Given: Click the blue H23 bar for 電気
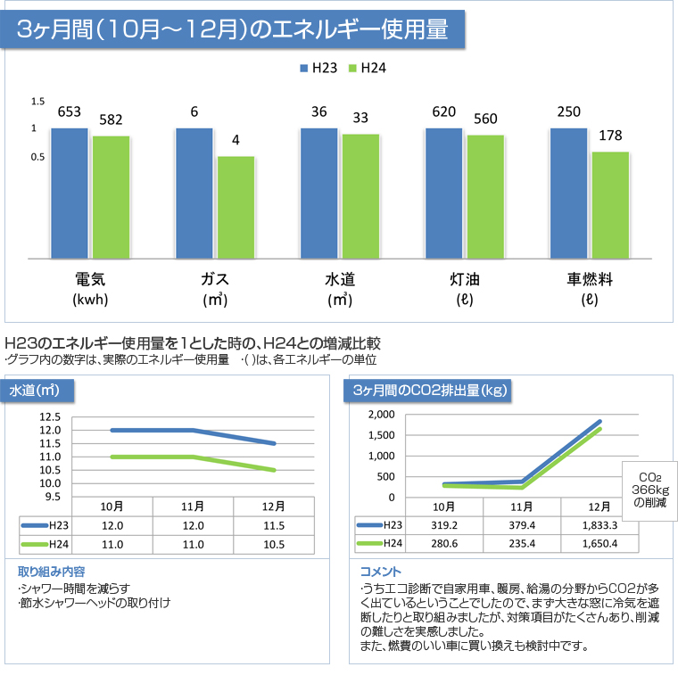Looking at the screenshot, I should [x=70, y=193].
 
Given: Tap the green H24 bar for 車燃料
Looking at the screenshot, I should [x=611, y=204].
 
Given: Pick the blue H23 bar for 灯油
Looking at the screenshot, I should [x=444, y=193].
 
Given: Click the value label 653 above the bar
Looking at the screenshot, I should [x=70, y=111].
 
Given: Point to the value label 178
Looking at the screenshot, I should [x=611, y=136].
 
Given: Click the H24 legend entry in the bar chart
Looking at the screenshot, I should [x=367, y=68].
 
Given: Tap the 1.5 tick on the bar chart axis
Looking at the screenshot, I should [x=37, y=102].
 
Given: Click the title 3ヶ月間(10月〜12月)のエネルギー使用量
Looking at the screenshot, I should [x=234, y=29].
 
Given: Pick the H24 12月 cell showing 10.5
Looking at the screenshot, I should [x=273, y=544].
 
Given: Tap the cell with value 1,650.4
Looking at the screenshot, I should [x=599, y=544].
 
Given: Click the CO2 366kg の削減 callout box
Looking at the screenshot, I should [x=649, y=490].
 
